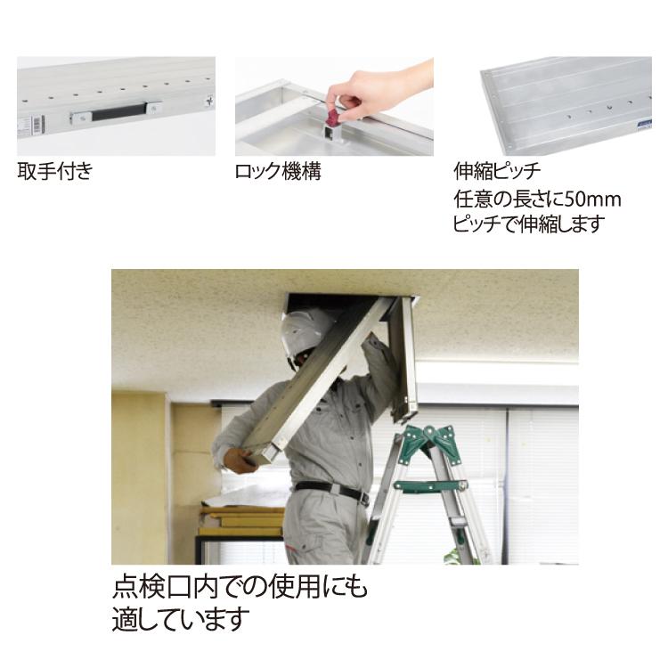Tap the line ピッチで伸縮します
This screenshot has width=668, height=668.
tap(529, 224)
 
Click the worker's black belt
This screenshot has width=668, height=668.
tap(331, 490)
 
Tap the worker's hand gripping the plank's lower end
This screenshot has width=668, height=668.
tap(237, 460)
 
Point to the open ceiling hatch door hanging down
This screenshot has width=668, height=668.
tap(403, 356)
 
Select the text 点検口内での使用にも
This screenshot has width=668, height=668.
tap(240, 589)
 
